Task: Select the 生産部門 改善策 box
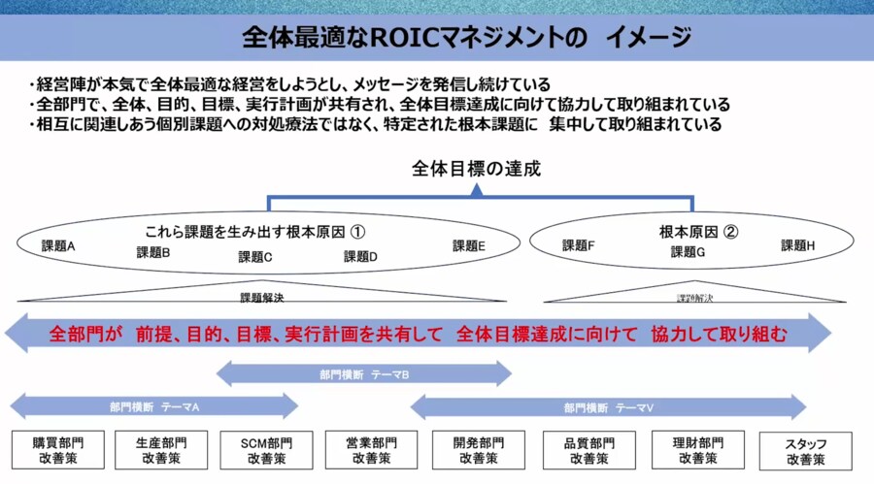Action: tap(162, 450)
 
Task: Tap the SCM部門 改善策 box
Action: tap(266, 450)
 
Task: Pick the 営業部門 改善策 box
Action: tap(371, 450)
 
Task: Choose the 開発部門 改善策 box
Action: tap(478, 450)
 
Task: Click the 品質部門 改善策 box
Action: tap(589, 450)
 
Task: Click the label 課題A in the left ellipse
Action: tap(59, 245)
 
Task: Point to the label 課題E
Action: tap(468, 245)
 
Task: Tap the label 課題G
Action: tap(689, 252)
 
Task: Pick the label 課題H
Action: tap(798, 245)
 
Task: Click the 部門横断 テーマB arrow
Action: tap(363, 373)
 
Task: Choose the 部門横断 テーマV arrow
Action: tap(608, 406)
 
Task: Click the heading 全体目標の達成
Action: tap(476, 169)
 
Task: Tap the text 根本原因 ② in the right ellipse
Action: tap(698, 232)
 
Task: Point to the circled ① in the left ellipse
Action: tap(357, 232)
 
